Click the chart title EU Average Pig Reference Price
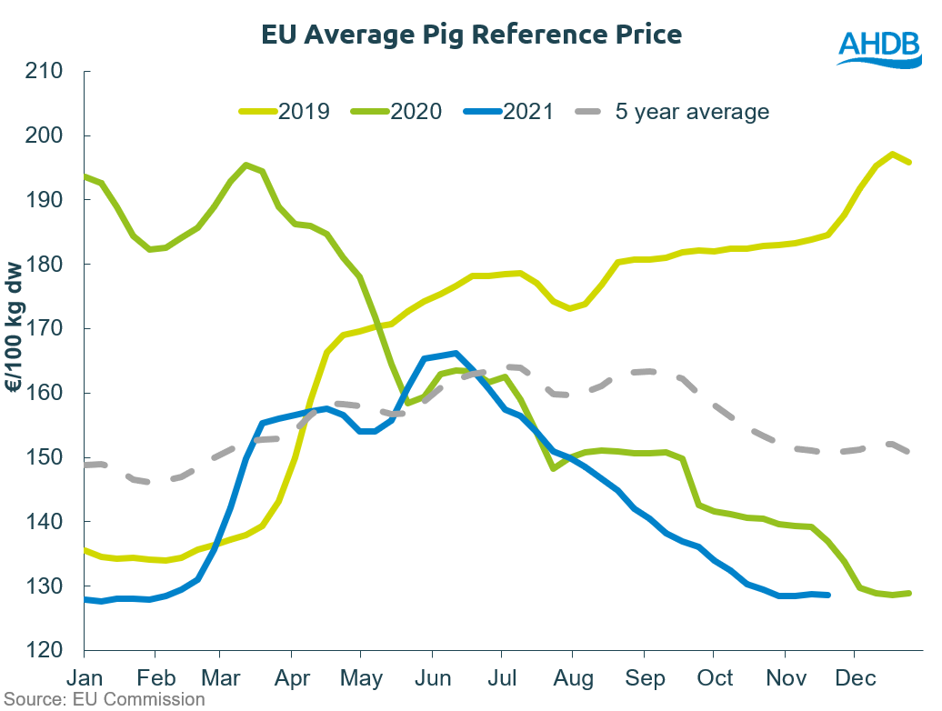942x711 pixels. click(471, 35)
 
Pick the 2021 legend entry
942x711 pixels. click(508, 112)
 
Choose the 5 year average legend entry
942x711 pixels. click(674, 112)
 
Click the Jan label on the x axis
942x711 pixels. click(84, 678)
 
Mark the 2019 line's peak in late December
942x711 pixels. click(892, 154)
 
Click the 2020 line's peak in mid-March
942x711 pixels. click(246, 165)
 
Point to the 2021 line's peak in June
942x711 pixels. click(455, 353)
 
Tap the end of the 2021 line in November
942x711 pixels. click(827, 596)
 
